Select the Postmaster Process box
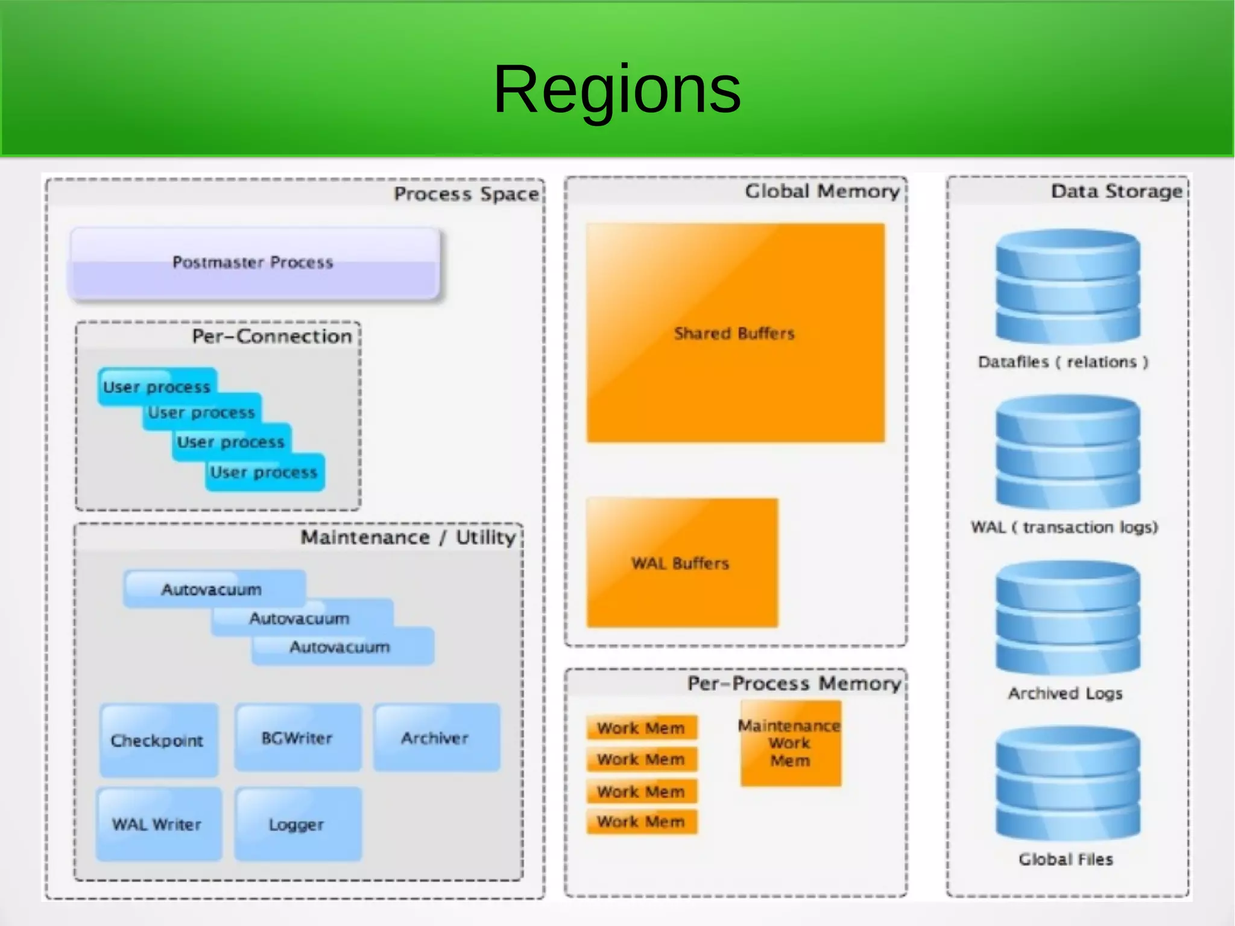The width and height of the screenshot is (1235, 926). (253, 262)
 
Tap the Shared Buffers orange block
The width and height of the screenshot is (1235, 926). (734, 333)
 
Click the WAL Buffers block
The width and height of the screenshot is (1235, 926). (681, 563)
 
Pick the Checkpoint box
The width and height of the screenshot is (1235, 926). (158, 740)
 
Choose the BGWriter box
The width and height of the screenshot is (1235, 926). (297, 738)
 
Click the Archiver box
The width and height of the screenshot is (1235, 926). (435, 738)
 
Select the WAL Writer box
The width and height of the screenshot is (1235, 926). (158, 824)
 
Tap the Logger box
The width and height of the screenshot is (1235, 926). (297, 824)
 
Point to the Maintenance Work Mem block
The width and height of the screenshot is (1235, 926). (790, 743)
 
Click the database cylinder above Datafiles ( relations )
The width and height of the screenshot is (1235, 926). (1067, 288)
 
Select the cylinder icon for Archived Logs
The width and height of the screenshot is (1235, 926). (1067, 618)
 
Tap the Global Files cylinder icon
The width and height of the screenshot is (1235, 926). (1067, 784)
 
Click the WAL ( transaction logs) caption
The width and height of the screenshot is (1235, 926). (1064, 527)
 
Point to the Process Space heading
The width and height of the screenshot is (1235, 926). (466, 194)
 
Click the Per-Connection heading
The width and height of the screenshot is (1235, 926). (272, 336)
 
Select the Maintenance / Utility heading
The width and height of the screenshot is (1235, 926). (408, 537)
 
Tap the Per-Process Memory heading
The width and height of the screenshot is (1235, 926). (794, 683)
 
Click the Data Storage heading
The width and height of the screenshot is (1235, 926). (1117, 191)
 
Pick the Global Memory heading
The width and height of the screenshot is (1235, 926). (822, 191)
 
